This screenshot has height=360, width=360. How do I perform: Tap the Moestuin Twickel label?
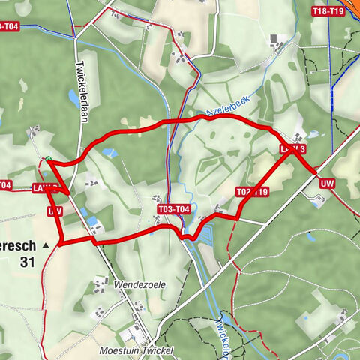(x=135, y=350)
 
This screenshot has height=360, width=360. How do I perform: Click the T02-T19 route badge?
(x=252, y=192)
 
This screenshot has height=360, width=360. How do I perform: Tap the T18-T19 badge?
(x=328, y=11)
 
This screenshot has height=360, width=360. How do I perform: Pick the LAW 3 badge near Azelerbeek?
(x=292, y=150)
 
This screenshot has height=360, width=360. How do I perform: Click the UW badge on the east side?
(x=327, y=183)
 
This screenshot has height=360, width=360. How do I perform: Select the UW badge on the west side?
(x=55, y=212)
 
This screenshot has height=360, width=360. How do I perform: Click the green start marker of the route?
(x=49, y=159)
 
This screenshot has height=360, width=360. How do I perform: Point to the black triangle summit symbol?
(x=45, y=244)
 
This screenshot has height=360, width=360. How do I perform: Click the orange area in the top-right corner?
(x=349, y=45)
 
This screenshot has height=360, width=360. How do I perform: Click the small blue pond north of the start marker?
(x=110, y=153)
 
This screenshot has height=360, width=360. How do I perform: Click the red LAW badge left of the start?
(x=45, y=187)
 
